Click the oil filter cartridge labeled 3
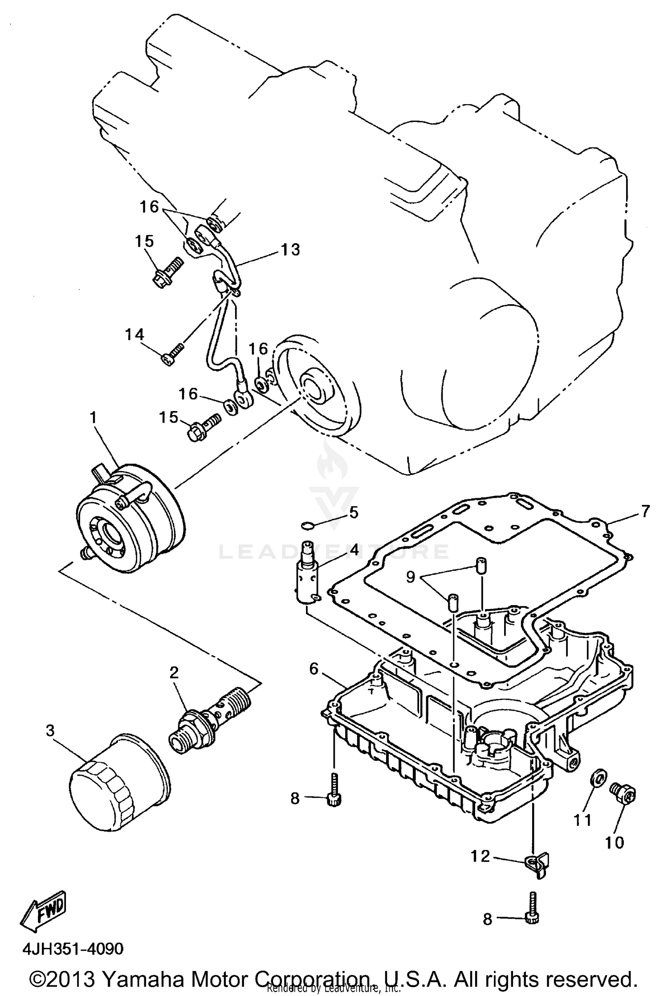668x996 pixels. click(119, 792)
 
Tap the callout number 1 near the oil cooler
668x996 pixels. click(93, 417)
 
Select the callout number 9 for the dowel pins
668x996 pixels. click(410, 577)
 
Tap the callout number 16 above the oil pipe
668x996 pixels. click(149, 207)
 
